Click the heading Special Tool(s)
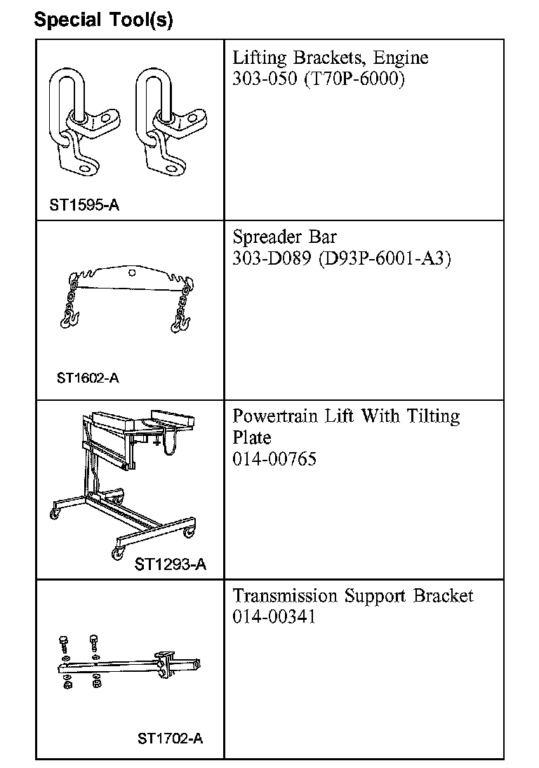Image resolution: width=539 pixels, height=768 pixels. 103,20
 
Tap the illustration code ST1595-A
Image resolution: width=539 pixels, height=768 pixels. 84,206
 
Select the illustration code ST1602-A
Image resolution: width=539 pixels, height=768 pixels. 88,378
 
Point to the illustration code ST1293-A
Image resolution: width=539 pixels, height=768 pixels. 171,564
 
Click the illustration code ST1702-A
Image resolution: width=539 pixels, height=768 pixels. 171,739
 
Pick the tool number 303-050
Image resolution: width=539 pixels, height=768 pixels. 266,79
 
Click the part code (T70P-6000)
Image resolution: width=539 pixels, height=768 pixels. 355,79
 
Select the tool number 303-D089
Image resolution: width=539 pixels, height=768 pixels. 272,258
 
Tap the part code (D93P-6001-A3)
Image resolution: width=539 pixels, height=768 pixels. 385,258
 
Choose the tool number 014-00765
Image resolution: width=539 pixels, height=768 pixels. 274,459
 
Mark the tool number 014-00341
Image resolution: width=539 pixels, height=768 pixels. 274,617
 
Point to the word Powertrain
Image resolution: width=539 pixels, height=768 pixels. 276,417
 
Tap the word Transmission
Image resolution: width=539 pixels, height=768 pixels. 285,596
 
